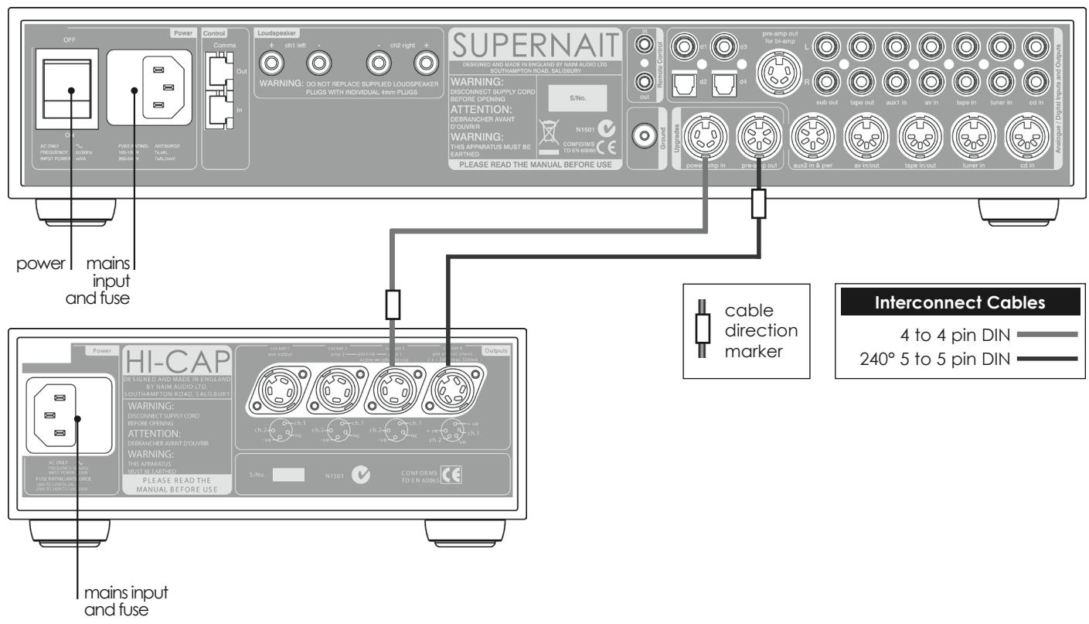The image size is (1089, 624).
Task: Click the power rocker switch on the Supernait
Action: (70, 90)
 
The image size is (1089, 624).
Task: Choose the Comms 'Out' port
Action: (224, 73)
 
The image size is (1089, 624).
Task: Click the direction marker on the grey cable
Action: (392, 305)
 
